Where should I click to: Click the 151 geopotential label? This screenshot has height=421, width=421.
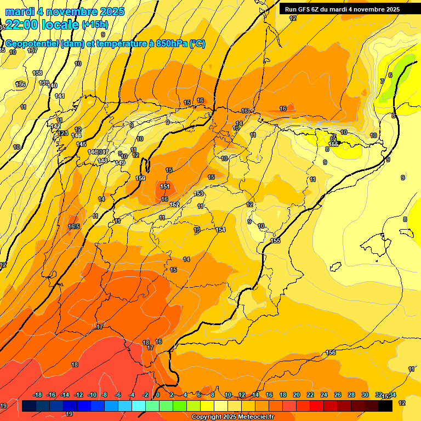coord(164,186)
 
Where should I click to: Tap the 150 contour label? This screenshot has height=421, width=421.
coord(140,178)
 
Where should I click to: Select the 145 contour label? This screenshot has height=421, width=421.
coord(81,144)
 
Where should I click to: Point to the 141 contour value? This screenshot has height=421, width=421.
coord(60,96)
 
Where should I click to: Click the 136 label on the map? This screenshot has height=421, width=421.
coord(20,84)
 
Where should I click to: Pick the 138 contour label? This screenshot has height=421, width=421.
coord(37,73)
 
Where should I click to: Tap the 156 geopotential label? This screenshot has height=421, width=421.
coord(331,352)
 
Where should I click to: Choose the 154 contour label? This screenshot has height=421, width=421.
coord(220,230)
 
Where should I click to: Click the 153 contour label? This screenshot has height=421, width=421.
coord(199,194)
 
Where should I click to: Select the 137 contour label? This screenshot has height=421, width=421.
coord(32,50)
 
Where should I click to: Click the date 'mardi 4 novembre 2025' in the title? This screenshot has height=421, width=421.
coord(65,11)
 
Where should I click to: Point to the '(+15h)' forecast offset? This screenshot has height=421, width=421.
coord(95,25)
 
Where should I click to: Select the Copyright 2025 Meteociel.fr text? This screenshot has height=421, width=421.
coord(233,417)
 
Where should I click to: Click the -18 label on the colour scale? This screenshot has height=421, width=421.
coord(37,395)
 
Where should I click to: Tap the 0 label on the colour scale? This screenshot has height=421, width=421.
coord(158,395)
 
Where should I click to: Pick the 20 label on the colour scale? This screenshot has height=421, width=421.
coord(296,395)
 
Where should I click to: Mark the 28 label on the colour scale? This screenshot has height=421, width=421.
coord(351,395)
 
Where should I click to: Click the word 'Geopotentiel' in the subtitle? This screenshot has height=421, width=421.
coord(32,44)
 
